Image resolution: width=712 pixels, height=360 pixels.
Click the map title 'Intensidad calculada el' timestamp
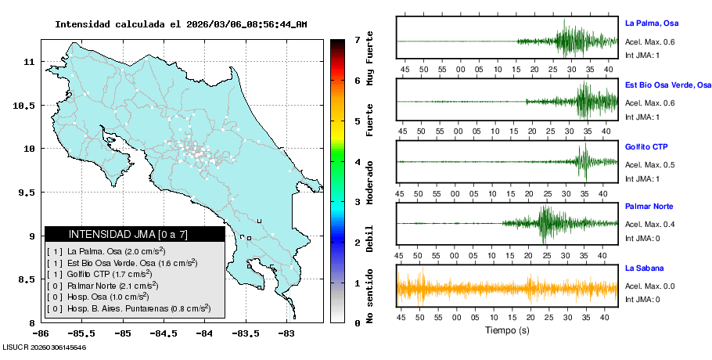tap(181, 23)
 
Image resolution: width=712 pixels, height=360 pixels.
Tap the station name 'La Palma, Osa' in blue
tap(651, 23)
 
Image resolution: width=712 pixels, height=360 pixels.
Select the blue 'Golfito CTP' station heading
tap(646, 146)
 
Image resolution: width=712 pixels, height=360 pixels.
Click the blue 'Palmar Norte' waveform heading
tap(649, 207)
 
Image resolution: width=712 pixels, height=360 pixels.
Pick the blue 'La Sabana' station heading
tap(643, 268)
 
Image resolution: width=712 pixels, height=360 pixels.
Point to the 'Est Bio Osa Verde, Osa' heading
tap(668, 85)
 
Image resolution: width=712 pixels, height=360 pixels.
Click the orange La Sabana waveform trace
tap(509, 289)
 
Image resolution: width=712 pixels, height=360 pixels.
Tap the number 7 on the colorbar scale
tap(357, 39)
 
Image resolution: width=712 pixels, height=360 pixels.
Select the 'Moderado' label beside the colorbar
tap(370, 176)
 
